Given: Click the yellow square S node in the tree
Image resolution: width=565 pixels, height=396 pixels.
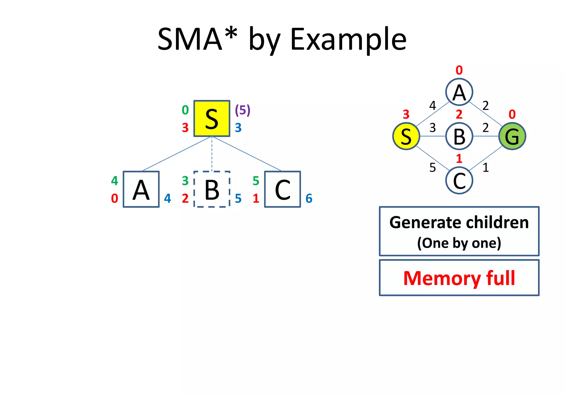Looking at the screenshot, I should point(212,118).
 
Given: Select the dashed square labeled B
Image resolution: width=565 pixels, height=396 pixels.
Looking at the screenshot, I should point(212,189).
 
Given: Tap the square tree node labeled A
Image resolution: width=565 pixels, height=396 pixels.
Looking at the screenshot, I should point(141,189).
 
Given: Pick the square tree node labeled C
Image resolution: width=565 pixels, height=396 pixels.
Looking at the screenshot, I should point(282,189).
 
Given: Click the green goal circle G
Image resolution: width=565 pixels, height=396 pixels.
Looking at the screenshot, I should point(512,136).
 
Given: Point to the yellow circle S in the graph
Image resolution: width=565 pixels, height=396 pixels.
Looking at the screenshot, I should point(406,136).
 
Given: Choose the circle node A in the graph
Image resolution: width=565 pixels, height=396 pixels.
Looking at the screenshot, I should point(459,92).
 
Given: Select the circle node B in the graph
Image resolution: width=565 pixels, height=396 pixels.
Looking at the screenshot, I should point(459,136).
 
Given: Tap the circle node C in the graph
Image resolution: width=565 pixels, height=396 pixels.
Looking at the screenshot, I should point(459,181).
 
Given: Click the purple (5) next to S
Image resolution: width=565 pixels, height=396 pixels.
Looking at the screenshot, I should point(242,110).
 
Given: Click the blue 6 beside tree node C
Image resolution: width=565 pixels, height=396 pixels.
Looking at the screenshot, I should point(309,198).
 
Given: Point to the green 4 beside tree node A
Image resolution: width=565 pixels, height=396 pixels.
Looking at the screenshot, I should point(114,181).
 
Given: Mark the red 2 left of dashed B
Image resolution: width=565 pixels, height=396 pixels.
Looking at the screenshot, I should point(185,198).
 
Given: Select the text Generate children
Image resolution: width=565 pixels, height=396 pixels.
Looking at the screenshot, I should point(459,222).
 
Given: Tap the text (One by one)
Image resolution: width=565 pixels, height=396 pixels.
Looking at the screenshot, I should point(459,243).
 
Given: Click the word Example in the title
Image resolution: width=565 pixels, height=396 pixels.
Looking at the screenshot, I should point(348,39).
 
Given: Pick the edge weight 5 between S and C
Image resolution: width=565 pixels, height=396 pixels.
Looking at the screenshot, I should point(433,167).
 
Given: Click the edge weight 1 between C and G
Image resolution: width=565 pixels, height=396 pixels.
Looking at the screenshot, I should point(486,167).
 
